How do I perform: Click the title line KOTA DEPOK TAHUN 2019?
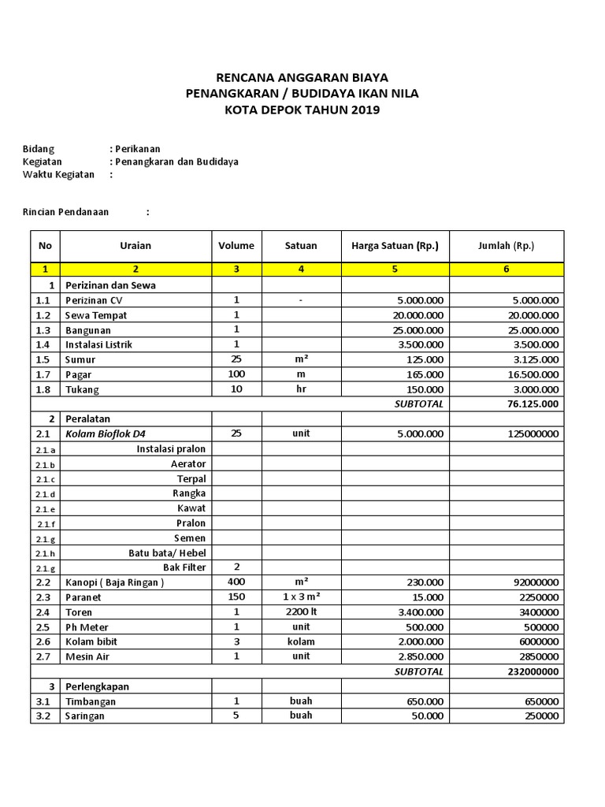(302, 110)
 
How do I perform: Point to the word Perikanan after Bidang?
(138, 148)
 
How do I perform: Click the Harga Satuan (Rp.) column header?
(395, 246)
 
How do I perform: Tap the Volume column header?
(236, 246)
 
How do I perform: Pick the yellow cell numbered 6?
(507, 270)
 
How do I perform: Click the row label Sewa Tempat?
(95, 315)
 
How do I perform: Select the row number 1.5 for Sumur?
(43, 359)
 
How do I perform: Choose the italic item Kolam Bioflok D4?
(106, 433)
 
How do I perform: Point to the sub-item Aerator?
(188, 464)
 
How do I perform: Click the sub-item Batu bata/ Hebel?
(167, 552)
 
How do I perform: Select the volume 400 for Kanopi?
(236, 582)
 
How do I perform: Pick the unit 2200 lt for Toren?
(301, 612)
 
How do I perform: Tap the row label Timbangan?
(91, 701)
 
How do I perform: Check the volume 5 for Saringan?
(236, 716)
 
